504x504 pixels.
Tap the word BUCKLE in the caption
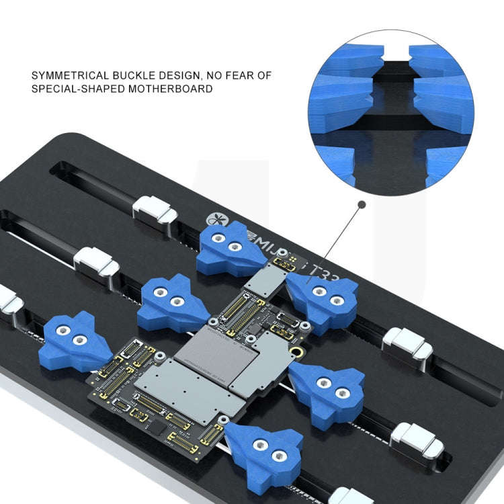(x=145, y=75)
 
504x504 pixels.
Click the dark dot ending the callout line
(x=362, y=203)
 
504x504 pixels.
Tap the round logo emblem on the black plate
(x=213, y=219)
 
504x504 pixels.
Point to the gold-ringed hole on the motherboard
(x=295, y=352)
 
